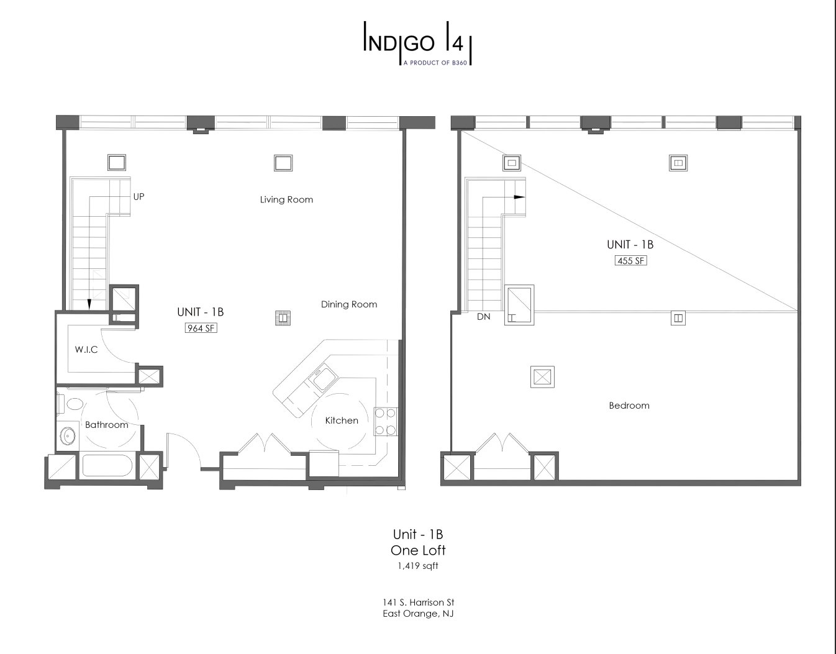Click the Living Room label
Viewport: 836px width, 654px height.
[x=286, y=199]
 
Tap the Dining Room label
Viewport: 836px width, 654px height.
[x=349, y=304]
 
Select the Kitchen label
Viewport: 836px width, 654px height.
[x=342, y=420]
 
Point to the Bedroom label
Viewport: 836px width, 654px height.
[x=629, y=406]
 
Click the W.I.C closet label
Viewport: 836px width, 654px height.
[x=86, y=350]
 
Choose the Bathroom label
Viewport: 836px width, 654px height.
[x=107, y=425]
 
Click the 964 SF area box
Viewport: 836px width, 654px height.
[x=201, y=328]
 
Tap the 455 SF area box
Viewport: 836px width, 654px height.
[x=630, y=261]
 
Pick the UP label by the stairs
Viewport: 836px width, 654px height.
[x=139, y=197]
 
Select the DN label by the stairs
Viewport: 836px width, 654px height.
[x=484, y=317]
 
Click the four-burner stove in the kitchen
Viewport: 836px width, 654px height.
[x=386, y=421]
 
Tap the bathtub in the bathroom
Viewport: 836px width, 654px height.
[x=107, y=465]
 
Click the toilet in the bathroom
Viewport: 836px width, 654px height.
[x=72, y=404]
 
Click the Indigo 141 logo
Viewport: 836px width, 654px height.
[x=418, y=43]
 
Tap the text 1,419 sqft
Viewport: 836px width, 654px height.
[x=418, y=566]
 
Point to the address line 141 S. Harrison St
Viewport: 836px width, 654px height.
[x=418, y=602]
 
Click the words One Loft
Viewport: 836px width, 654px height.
[x=418, y=550]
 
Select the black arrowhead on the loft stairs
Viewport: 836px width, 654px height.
[x=520, y=198]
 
